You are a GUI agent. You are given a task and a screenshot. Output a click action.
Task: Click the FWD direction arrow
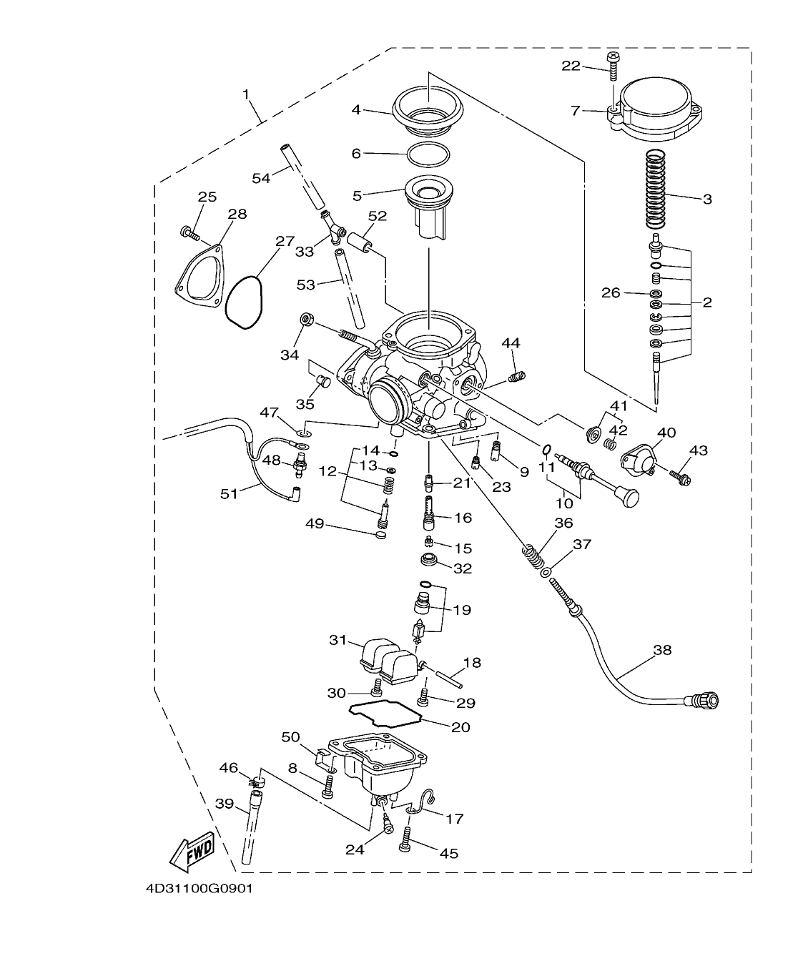[191, 851]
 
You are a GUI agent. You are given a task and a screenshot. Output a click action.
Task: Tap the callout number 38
[661, 651]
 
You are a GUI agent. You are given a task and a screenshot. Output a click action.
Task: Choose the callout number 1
[245, 94]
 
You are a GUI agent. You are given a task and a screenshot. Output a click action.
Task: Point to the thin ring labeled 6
[428, 153]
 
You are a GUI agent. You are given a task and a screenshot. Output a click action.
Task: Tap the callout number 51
[229, 493]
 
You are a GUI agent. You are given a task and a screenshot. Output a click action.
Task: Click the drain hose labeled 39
[252, 829]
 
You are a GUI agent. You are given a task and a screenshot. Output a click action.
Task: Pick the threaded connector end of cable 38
[704, 700]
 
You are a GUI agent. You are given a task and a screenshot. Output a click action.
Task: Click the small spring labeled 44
[516, 375]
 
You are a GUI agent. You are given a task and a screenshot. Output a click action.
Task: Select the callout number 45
[448, 853]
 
